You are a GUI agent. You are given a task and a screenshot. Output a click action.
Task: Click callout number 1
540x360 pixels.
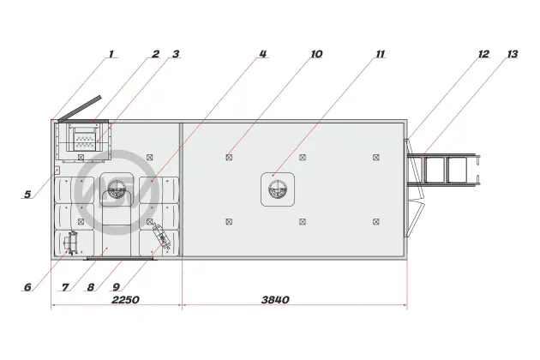[x=111, y=54]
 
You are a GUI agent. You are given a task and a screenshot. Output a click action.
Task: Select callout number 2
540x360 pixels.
[x=156, y=54]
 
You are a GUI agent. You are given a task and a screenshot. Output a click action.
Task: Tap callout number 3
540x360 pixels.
[x=176, y=54]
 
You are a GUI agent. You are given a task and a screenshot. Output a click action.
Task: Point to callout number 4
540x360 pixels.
[x=263, y=54]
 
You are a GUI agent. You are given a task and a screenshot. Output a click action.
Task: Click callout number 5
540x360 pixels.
[x=27, y=195]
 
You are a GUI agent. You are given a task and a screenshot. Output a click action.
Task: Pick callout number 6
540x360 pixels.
[x=27, y=287]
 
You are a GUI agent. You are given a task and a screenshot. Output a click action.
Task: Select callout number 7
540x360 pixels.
[x=65, y=287]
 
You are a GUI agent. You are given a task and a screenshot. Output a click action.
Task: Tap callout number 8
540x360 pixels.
[x=91, y=287]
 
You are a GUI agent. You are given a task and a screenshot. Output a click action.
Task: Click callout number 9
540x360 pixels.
[x=116, y=287]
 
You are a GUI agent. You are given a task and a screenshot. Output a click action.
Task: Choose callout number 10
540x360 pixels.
[x=316, y=54]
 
